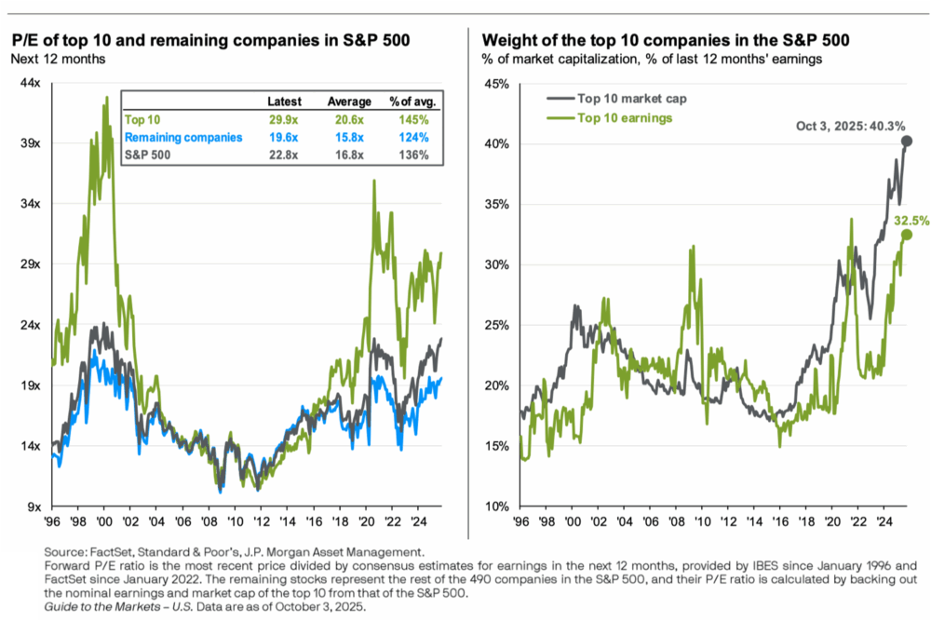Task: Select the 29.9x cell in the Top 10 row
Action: coord(282,120)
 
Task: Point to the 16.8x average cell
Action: coord(346,155)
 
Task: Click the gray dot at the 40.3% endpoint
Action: coord(907,142)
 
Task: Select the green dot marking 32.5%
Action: coord(907,235)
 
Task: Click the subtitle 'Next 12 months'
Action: coord(58,59)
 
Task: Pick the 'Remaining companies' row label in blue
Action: coord(183,138)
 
